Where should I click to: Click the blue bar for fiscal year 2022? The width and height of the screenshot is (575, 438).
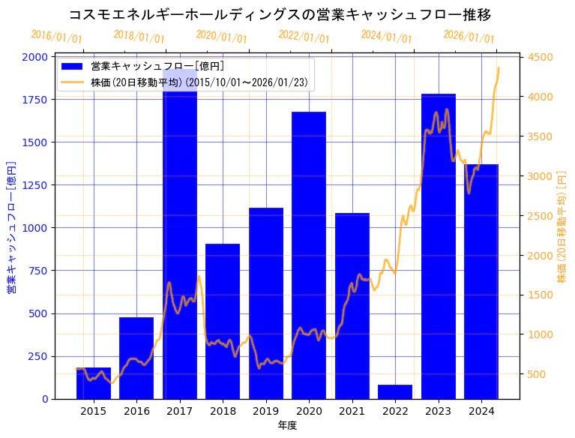click(x=395, y=391)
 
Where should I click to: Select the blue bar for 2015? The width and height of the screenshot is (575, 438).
click(x=93, y=383)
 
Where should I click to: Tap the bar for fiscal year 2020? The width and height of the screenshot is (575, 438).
click(x=309, y=255)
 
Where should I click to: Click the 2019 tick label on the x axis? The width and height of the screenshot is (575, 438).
click(x=265, y=411)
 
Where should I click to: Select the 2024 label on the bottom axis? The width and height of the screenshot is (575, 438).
click(x=481, y=411)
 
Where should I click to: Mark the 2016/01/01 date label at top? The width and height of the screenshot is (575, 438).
click(x=57, y=37)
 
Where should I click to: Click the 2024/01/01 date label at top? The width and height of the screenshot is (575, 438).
click(x=386, y=37)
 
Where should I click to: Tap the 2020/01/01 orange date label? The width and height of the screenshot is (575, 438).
click(x=221, y=37)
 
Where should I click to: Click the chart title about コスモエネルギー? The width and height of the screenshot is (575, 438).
click(x=280, y=14)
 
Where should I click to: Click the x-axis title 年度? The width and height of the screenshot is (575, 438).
click(x=287, y=425)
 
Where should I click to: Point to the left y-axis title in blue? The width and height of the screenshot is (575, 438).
click(x=11, y=227)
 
